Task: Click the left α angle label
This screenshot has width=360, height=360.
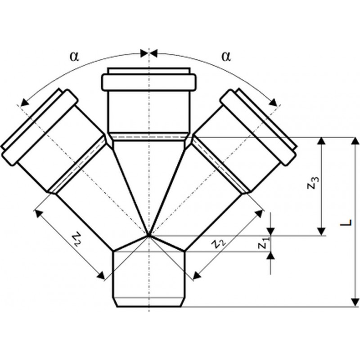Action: [74, 57]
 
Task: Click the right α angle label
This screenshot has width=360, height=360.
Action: [226, 57]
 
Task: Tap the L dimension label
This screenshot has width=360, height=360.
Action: [346, 222]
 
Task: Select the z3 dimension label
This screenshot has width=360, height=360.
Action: [313, 183]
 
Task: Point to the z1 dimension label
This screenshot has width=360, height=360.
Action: [263, 243]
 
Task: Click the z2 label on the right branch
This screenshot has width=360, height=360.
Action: [219, 244]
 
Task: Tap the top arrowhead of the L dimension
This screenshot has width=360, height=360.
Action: [355, 141]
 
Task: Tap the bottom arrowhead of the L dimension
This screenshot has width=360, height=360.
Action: [355, 302]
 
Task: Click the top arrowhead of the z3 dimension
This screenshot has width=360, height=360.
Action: [322, 141]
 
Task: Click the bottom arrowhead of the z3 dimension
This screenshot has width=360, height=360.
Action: [322, 232]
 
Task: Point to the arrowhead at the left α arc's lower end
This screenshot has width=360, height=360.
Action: [24, 103]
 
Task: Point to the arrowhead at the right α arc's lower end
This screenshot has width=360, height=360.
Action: [273, 103]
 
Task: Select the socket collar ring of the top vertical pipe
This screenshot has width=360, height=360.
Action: [149, 82]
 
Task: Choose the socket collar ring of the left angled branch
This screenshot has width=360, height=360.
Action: [40, 127]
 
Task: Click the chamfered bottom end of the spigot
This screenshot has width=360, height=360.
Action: [149, 302]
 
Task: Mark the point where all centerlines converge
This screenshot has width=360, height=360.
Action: [149, 235]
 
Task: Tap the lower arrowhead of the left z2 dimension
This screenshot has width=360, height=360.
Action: [101, 275]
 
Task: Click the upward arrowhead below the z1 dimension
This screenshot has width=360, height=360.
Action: [271, 256]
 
